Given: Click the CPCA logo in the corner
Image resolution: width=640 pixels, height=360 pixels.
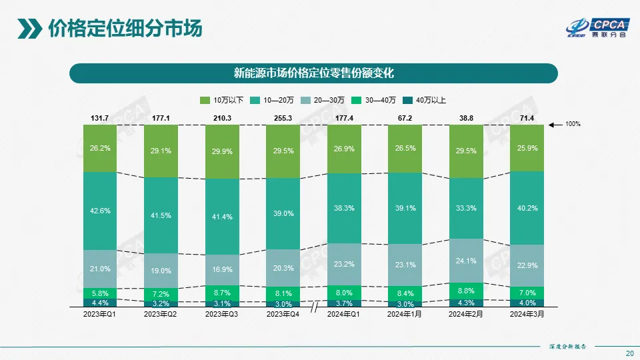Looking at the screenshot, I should click(596, 27).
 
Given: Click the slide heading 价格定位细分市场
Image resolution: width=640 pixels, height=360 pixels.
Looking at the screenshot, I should click(125, 29).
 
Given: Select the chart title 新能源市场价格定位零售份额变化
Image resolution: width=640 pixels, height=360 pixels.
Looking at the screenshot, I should click(313, 73).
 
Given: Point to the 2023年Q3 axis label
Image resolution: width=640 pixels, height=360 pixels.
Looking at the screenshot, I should click(222, 314).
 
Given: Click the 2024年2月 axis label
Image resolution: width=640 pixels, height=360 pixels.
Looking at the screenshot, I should click(465, 314).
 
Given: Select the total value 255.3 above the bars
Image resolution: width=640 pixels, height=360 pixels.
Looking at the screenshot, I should click(283, 118).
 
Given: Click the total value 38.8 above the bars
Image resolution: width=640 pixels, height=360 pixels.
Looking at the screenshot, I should click(465, 118).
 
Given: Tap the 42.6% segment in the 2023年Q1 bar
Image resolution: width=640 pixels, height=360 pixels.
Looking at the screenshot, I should click(100, 211).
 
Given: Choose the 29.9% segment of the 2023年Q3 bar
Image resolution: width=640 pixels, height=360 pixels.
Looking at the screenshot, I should click(222, 151).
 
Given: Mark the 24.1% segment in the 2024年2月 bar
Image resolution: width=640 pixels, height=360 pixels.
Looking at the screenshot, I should click(465, 260).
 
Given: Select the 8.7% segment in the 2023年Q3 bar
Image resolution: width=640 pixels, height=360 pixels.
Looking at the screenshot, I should click(222, 293).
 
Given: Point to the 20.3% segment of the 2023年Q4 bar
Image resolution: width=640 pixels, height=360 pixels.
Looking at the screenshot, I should click(283, 269).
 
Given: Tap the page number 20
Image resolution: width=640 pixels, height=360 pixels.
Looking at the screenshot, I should click(629, 353).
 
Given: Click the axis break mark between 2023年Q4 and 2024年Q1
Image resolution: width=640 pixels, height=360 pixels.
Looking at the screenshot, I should click(313, 307).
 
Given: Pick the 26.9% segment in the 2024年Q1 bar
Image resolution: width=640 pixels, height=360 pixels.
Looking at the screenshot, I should click(344, 149).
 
